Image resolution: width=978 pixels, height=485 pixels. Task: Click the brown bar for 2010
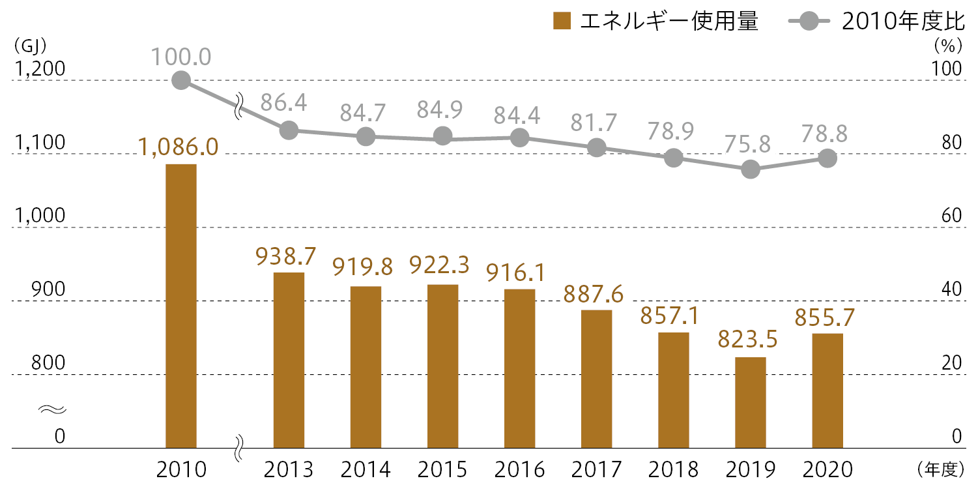[181, 306]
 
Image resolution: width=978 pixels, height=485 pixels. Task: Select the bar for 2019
[751, 402]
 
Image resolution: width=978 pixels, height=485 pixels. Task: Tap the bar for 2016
[519, 368]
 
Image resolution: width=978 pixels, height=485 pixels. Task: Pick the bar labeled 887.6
[596, 379]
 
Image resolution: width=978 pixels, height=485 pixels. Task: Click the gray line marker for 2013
[289, 130]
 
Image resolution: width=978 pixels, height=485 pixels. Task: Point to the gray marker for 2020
[827, 158]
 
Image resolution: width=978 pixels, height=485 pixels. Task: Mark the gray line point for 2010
[181, 81]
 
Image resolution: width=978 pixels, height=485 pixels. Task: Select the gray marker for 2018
[674, 158]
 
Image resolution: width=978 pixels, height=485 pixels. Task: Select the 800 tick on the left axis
[47, 362]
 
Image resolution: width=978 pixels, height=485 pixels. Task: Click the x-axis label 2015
[442, 469]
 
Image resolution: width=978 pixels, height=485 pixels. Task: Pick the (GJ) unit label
[27, 46]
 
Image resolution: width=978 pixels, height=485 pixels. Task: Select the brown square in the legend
[561, 22]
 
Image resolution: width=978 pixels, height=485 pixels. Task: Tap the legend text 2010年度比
[902, 22]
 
